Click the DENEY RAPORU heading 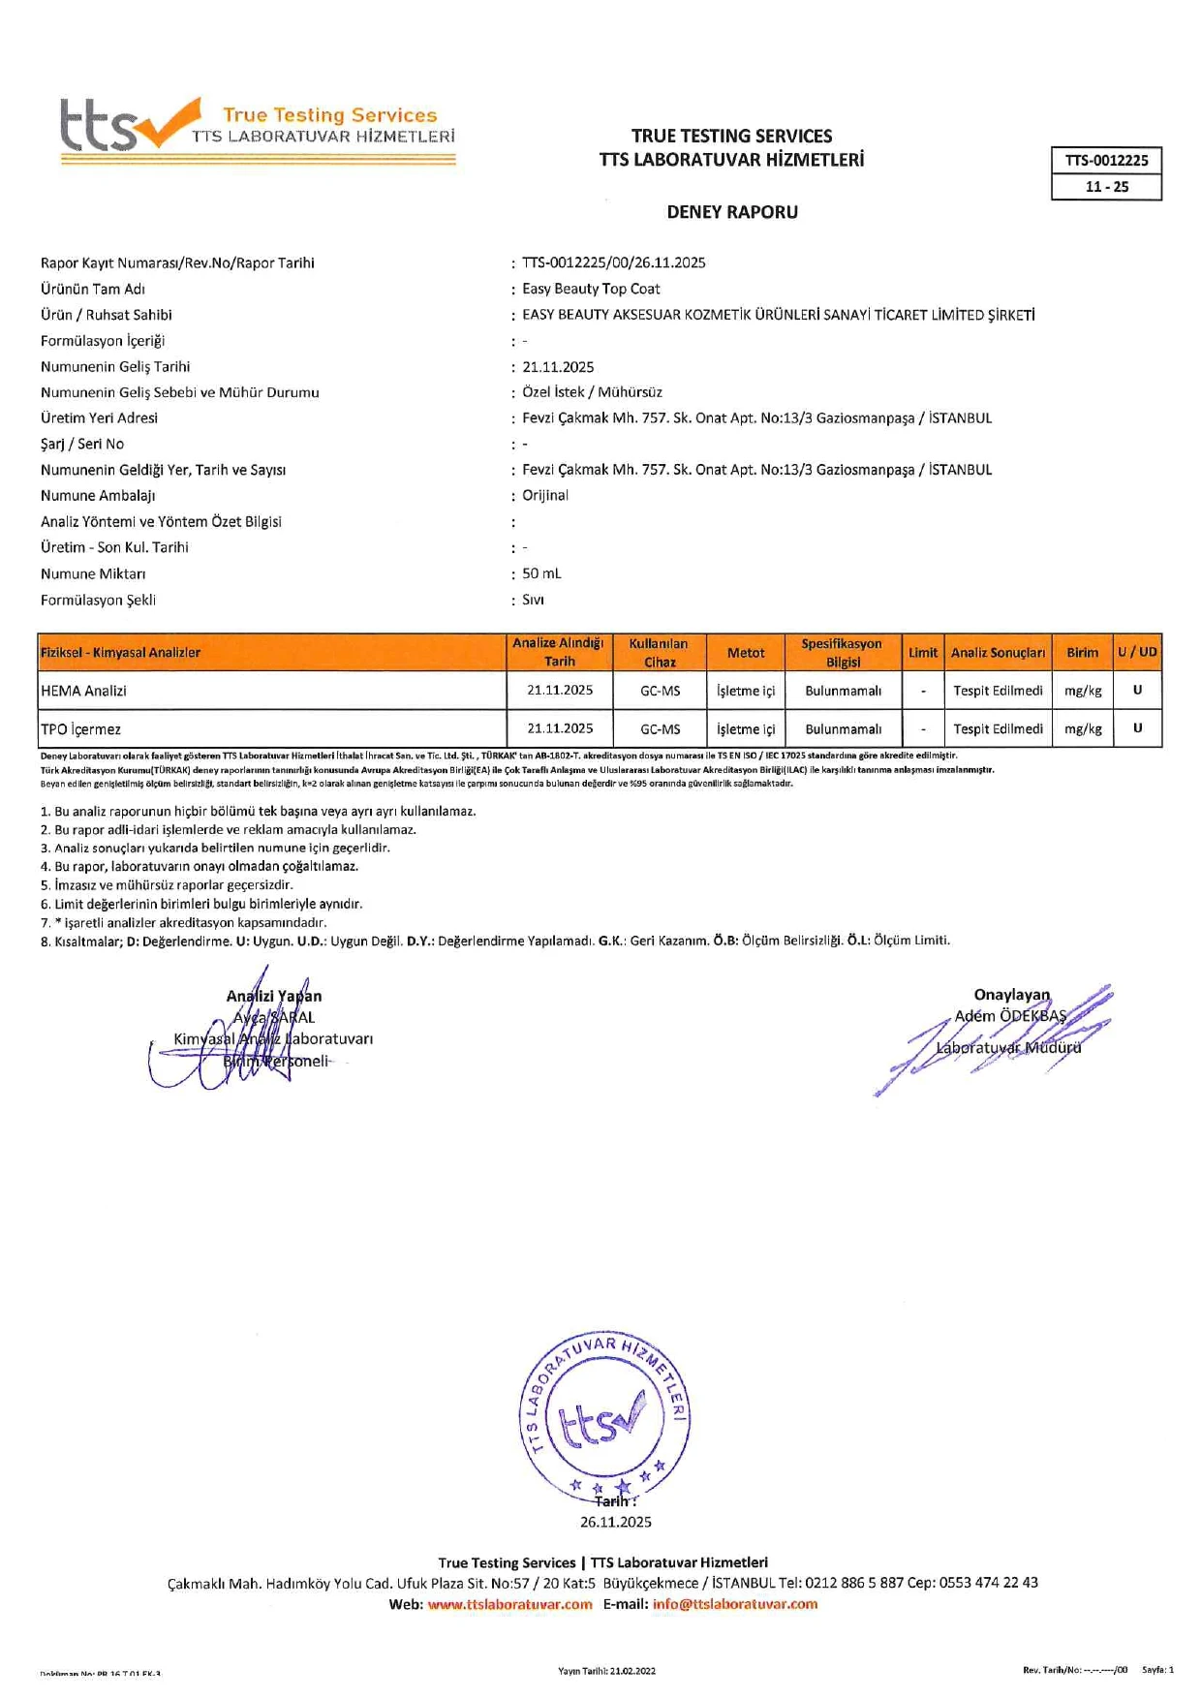(x=732, y=212)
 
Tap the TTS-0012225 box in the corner (x=1106, y=161)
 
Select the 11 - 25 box (x=1106, y=187)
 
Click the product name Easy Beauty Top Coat (x=591, y=289)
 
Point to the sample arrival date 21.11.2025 (x=558, y=367)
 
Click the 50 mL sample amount (x=541, y=573)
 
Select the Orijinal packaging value (x=545, y=495)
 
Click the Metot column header (x=746, y=653)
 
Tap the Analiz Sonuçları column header (x=998, y=653)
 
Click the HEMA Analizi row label (x=84, y=691)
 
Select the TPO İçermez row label (x=81, y=728)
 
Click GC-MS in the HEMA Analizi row (x=660, y=691)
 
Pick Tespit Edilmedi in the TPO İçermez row (x=998, y=728)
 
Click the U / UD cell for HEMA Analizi (x=1137, y=691)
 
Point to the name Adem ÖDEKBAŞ (x=1009, y=1016)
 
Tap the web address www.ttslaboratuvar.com (x=509, y=1604)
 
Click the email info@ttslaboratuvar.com (x=734, y=1604)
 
